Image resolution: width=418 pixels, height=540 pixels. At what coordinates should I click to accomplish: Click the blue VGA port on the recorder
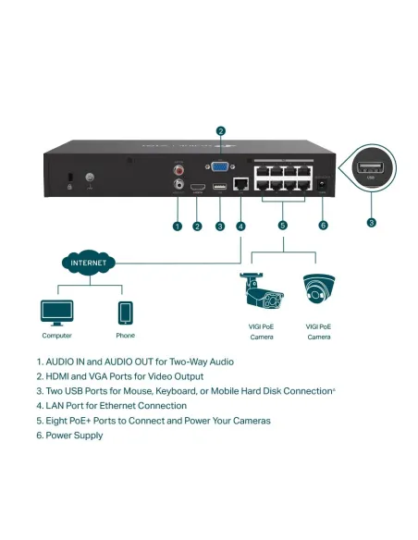point(220,167)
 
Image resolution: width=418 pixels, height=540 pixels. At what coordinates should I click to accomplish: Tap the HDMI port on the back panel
point(197,189)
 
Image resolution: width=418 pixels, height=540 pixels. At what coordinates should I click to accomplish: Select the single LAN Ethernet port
point(240,185)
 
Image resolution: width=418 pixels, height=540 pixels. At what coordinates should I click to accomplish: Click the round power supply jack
point(323,185)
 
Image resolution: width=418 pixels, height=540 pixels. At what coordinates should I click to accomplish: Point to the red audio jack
point(177,169)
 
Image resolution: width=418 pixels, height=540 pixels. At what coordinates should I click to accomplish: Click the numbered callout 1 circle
point(177,225)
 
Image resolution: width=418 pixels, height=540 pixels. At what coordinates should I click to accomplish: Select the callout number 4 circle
point(240,225)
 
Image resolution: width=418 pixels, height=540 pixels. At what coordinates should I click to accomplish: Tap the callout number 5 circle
point(283,225)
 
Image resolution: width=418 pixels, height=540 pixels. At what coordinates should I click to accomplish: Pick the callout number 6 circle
point(323,225)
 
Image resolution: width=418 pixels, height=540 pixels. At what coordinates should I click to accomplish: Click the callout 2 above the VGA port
point(220,130)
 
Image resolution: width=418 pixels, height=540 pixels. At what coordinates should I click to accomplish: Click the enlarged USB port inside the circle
point(372,169)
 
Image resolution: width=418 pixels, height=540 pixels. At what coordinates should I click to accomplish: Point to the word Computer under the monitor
point(56,336)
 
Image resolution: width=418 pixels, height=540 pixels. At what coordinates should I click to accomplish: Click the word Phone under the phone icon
point(125,336)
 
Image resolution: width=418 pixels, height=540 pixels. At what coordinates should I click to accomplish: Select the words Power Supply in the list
point(75,436)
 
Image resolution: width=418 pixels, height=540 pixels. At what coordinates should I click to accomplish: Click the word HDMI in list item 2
point(57,376)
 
